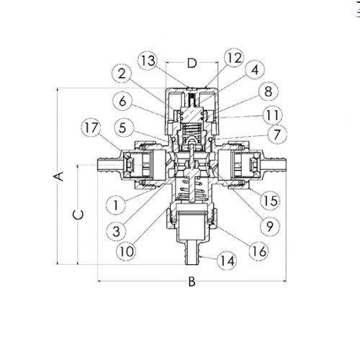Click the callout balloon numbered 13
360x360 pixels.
[148, 60]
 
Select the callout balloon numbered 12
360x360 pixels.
[234, 58]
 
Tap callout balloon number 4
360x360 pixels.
[255, 70]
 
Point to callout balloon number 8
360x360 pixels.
[269, 91]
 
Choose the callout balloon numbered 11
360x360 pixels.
[272, 115]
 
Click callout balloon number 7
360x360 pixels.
[277, 135]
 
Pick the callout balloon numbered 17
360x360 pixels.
[91, 127]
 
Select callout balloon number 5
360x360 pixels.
[122, 127]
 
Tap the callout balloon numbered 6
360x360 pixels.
[122, 101]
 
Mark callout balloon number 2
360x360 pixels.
[122, 73]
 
